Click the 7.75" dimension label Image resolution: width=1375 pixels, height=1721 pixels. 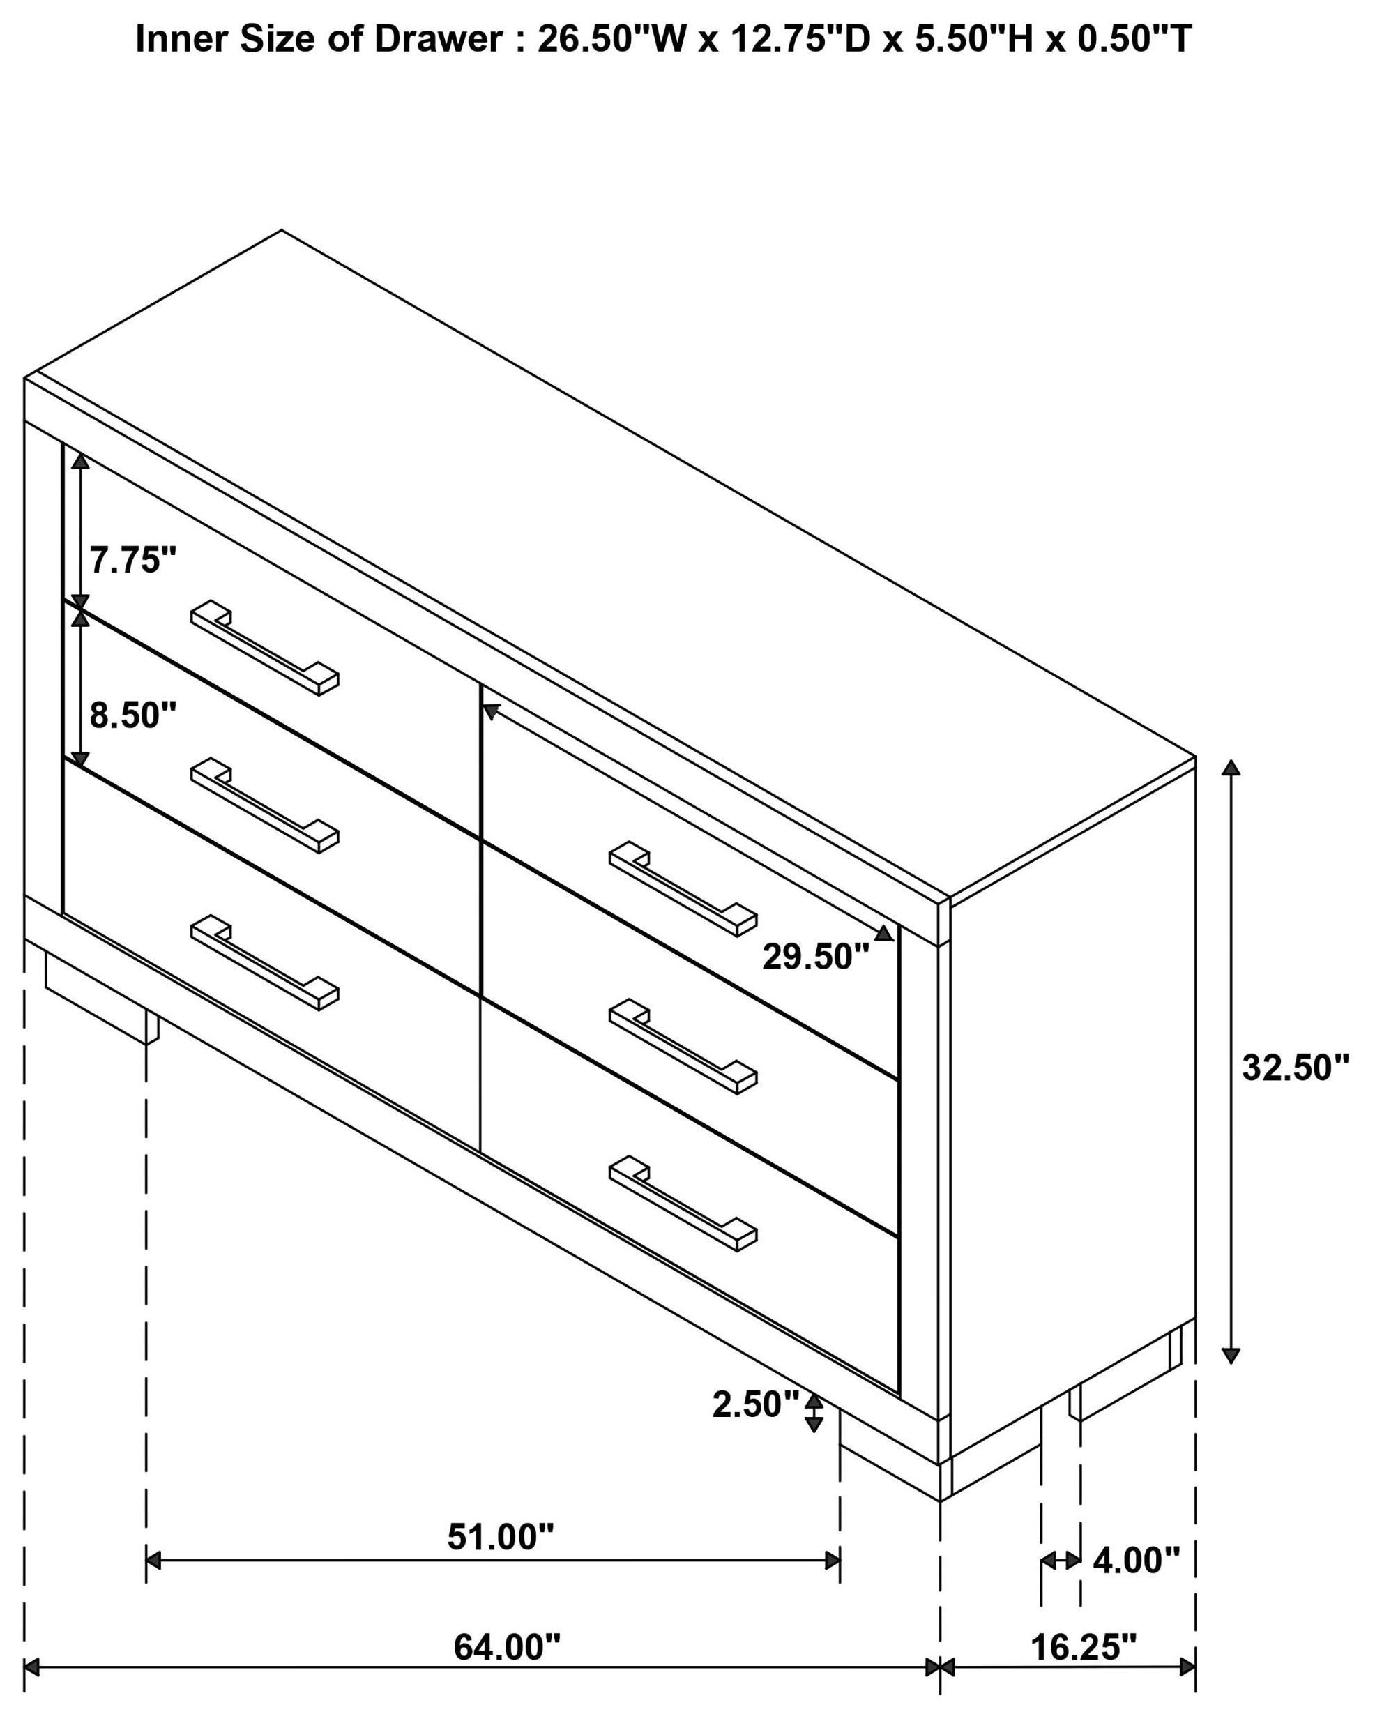[x=132, y=561]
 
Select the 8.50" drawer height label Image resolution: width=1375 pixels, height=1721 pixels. [x=132, y=715]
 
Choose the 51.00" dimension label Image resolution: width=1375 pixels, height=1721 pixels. [x=501, y=1537]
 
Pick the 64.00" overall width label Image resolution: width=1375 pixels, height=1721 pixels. [x=507, y=1647]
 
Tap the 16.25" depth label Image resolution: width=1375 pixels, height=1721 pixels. [x=1083, y=1647]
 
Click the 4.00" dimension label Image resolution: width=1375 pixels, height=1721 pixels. [x=1136, y=1560]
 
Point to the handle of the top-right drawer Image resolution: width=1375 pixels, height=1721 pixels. [x=683, y=888]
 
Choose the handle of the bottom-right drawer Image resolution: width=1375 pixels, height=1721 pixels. [x=683, y=1202]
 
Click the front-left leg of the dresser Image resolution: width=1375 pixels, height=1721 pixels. [x=101, y=999]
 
